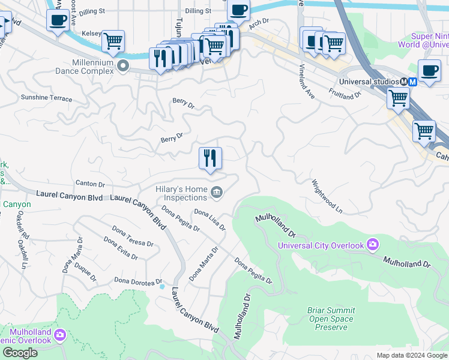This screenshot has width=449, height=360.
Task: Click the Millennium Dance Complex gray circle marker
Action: click(x=124, y=65)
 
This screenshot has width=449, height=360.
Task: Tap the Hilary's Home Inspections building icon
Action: click(x=217, y=193)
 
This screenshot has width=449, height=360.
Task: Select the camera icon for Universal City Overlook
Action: click(x=373, y=244)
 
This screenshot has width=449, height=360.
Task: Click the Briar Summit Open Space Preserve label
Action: click(x=331, y=319)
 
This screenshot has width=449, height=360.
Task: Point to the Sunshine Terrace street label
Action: click(x=46, y=98)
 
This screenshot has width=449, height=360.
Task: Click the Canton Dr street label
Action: click(x=91, y=184)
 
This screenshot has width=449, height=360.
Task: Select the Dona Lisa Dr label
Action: click(x=209, y=220)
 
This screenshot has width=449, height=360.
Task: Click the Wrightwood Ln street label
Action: click(x=327, y=196)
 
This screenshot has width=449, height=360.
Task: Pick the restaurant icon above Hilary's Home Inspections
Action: click(x=210, y=158)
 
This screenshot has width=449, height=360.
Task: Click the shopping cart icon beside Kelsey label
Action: click(x=112, y=41)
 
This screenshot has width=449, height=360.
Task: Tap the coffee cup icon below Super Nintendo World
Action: click(x=429, y=71)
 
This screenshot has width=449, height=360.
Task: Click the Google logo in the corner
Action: click(x=20, y=353)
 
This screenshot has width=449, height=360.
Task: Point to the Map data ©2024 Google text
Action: click(x=412, y=355)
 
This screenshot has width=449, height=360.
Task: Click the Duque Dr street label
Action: click(x=85, y=272)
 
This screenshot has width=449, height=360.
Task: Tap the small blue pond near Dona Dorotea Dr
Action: click(x=162, y=286)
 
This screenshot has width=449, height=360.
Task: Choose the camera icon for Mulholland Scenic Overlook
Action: click(x=59, y=334)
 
